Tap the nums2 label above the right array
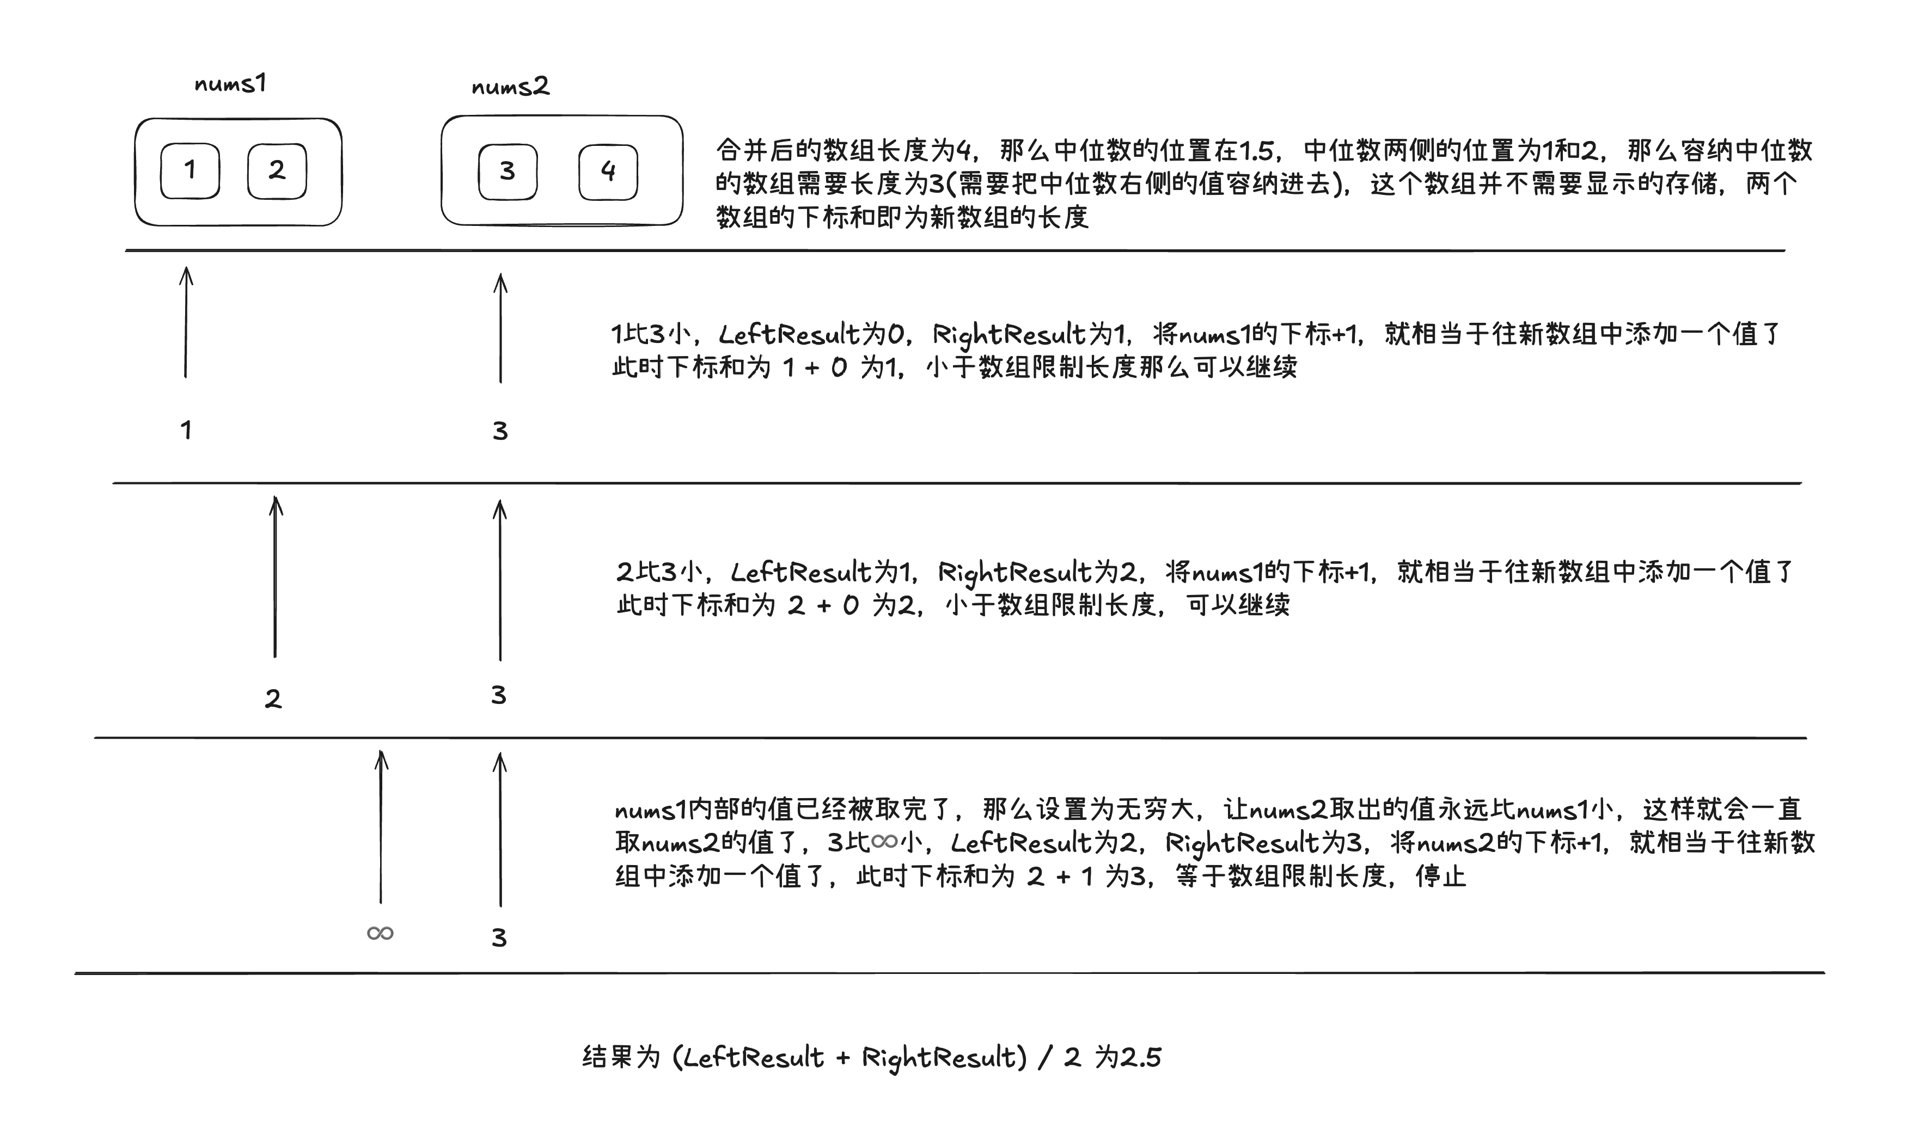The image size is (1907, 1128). (x=510, y=86)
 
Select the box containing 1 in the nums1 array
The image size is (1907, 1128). (x=190, y=170)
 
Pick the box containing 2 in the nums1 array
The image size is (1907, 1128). (x=277, y=170)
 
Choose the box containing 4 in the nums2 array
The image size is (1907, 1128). (x=608, y=172)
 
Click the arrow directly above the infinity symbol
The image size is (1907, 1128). (x=381, y=827)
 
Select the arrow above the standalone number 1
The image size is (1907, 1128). (x=186, y=322)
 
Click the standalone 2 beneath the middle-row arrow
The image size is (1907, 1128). (x=273, y=698)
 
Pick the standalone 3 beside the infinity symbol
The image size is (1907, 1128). (x=499, y=937)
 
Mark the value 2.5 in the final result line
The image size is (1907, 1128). (x=1141, y=1057)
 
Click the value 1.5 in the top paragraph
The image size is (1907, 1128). (x=1256, y=150)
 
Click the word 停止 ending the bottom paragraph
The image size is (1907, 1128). (x=1440, y=876)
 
